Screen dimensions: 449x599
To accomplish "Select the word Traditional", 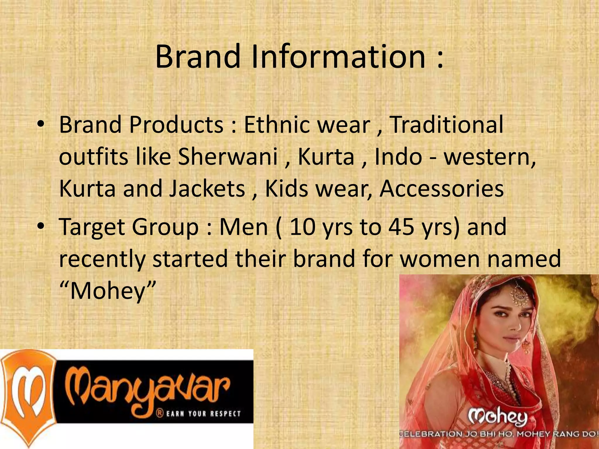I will [x=447, y=125].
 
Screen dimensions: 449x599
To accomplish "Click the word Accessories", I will [x=442, y=189].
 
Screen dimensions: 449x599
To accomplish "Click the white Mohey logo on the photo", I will [x=498, y=417].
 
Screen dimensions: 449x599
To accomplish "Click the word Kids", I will [x=286, y=189].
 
